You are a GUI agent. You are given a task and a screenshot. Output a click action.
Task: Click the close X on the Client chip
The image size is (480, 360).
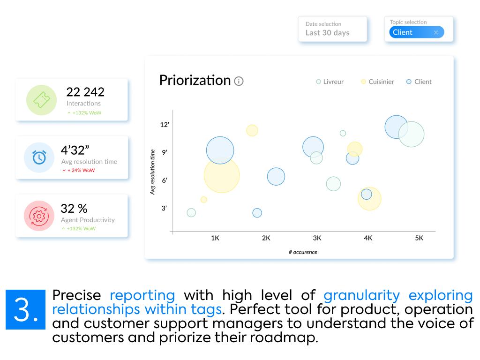click(x=436, y=32)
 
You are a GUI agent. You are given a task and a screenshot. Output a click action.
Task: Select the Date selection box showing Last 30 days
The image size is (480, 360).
click(x=332, y=29)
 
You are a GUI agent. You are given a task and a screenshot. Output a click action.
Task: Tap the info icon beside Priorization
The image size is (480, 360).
click(x=239, y=81)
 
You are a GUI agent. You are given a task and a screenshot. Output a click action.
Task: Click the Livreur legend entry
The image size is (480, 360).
click(x=330, y=82)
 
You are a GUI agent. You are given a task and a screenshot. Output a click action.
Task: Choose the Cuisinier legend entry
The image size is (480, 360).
click(x=377, y=82)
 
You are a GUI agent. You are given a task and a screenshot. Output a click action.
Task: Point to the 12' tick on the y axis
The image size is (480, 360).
click(x=164, y=125)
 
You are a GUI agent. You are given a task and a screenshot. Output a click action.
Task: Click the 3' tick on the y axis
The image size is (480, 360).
click(x=164, y=208)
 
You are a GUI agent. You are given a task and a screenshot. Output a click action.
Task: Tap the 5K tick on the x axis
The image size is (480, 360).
click(x=419, y=238)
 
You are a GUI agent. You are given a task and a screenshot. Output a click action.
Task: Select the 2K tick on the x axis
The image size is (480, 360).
click(x=266, y=238)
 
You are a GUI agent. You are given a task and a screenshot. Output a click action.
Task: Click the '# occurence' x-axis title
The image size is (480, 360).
click(x=303, y=252)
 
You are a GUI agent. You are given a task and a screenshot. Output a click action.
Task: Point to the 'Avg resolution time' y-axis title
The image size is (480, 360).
click(x=152, y=172)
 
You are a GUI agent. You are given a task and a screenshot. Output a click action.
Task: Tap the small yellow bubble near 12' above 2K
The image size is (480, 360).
click(x=252, y=130)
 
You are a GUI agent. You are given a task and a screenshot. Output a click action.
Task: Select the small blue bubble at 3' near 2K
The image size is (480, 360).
click(x=257, y=213)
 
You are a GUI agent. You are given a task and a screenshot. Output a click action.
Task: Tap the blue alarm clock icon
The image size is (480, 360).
click(x=38, y=158)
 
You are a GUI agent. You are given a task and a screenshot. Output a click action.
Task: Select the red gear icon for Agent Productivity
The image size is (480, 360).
click(x=38, y=216)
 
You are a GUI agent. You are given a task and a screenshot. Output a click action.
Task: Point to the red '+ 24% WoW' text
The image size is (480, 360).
click(x=78, y=171)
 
